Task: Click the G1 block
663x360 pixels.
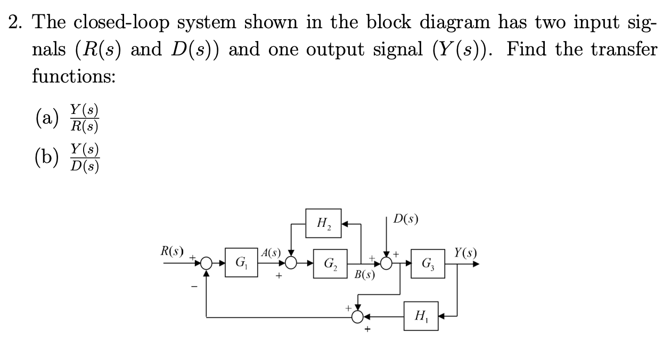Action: (241, 263)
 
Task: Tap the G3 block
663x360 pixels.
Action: (427, 263)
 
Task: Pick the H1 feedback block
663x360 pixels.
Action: (421, 316)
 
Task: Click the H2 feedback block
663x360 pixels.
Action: (324, 223)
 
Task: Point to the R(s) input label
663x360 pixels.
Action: (173, 251)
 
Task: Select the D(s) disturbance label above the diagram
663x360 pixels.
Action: (406, 218)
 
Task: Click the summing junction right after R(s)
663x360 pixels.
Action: (207, 263)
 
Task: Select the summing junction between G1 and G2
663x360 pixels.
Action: (291, 263)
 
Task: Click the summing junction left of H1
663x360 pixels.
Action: (358, 316)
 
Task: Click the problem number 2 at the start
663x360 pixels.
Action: (14, 23)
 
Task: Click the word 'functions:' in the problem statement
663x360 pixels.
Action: (73, 76)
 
